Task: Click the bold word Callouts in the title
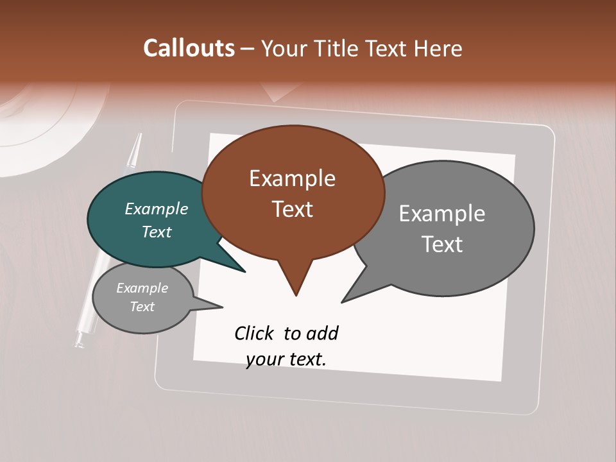[189, 49]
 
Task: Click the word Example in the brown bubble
[292, 178]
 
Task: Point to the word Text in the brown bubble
[292, 209]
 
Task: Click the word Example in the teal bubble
[157, 209]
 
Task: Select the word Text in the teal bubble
[157, 232]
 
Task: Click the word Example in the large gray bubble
[442, 214]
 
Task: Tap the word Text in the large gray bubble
[442, 244]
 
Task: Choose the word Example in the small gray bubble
[142, 288]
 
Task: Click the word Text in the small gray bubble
[142, 307]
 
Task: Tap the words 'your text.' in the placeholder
[286, 359]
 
